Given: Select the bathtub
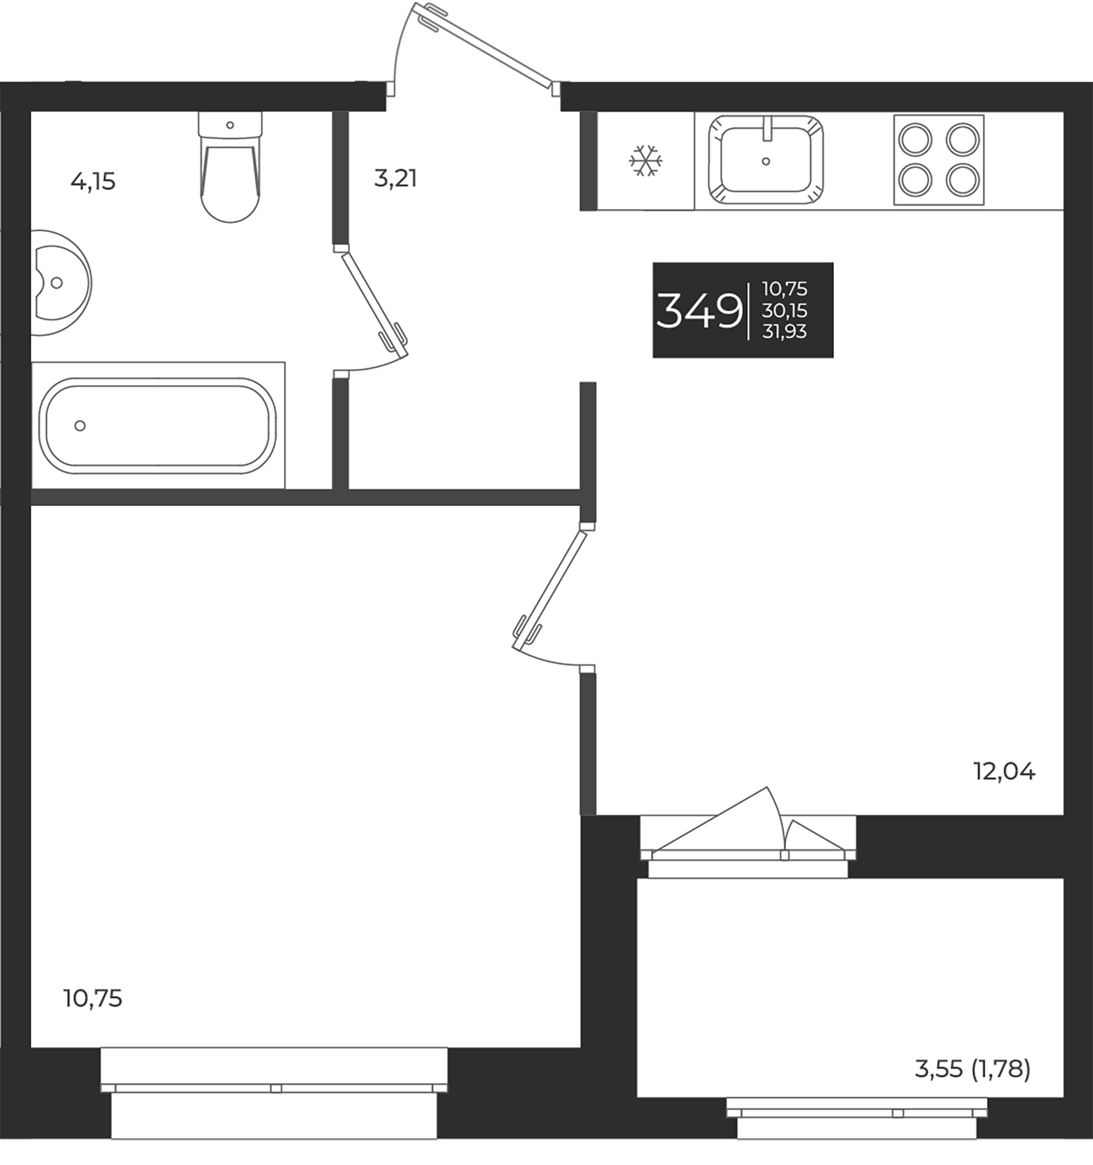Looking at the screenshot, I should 158,424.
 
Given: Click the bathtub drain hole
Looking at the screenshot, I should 80,425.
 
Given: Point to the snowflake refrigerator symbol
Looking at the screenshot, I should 646,161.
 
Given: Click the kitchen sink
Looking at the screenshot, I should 766,161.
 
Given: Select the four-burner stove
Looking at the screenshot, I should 938,160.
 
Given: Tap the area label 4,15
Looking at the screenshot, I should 93,182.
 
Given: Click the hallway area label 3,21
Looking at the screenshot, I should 395,178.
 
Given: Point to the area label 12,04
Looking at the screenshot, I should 1004,771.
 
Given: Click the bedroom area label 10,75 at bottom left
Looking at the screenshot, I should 93,999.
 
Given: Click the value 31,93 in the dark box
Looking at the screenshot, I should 785,331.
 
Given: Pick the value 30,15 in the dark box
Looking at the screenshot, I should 785,311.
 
